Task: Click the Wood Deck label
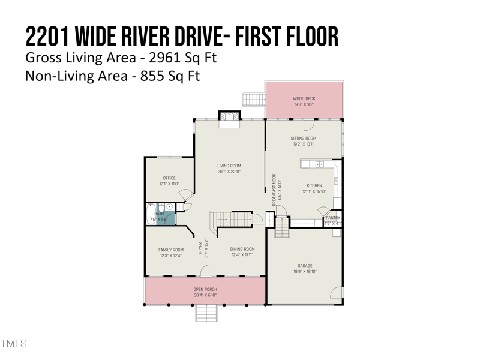pyautogui.click(x=304, y=98)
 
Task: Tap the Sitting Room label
pyautogui.click(x=304, y=138)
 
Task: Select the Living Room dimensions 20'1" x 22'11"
pyautogui.click(x=229, y=172)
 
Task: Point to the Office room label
pyautogui.click(x=169, y=178)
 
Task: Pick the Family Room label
pyautogui.click(x=171, y=250)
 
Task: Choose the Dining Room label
pyautogui.click(x=242, y=249)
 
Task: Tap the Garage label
pyautogui.click(x=305, y=265)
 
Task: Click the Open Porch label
pyautogui.click(x=205, y=289)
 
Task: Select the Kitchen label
pyautogui.click(x=314, y=185)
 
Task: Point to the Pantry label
pyautogui.click(x=333, y=218)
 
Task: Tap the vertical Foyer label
pyautogui.click(x=200, y=248)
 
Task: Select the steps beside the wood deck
pyautogui.click(x=253, y=98)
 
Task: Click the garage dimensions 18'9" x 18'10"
pyautogui.click(x=305, y=271)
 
